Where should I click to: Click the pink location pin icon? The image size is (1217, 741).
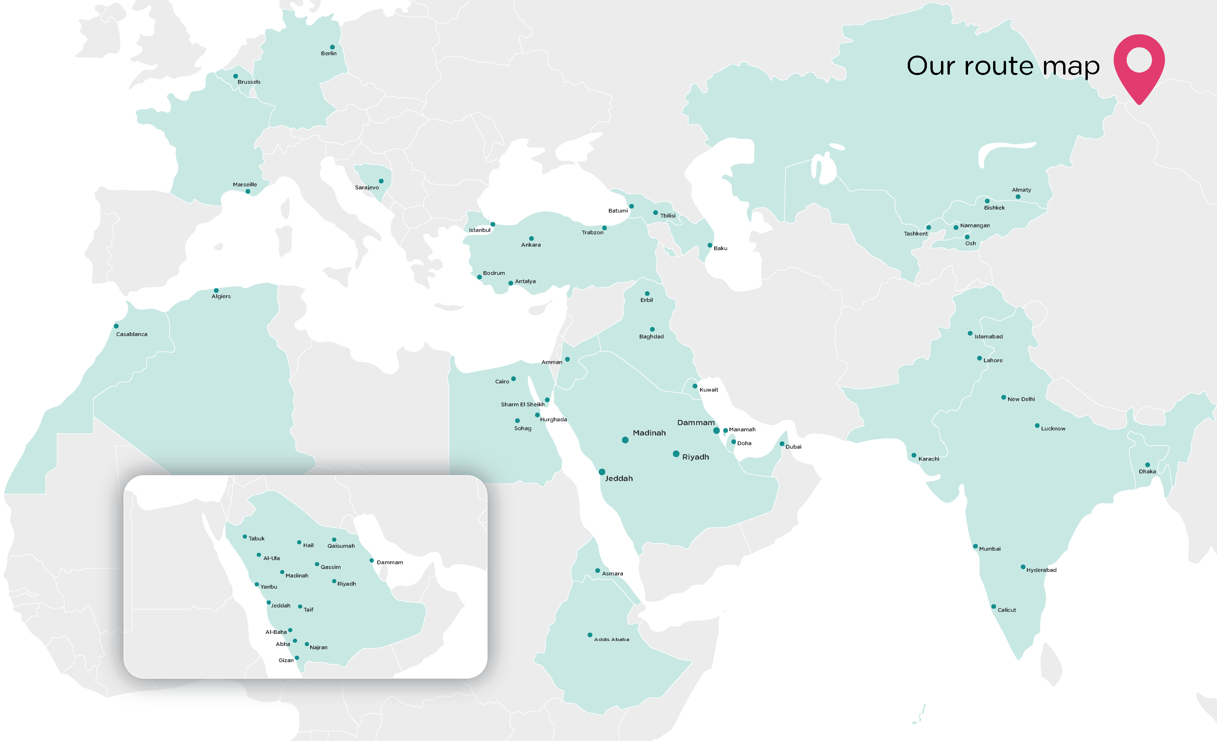[1139, 64]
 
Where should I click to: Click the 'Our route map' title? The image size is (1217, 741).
[1003, 66]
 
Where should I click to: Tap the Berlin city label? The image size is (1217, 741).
[328, 53]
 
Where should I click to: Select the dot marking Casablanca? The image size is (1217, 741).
[116, 326]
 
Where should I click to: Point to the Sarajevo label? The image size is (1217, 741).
[367, 188]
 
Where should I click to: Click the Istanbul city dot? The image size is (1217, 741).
[493, 224]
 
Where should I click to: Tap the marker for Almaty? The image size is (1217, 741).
[1018, 196]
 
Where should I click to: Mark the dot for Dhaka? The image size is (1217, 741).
[1147, 465]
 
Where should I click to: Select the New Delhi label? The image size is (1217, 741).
[1021, 399]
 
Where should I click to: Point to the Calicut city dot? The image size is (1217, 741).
[994, 607]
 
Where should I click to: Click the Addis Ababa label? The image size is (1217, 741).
[611, 639]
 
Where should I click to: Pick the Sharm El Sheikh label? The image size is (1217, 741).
[523, 404]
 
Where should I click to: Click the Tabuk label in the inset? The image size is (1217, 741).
[256, 539]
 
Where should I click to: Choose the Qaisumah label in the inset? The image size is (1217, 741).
[341, 546]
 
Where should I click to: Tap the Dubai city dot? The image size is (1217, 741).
[782, 444]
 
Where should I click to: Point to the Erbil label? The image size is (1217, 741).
[646, 300]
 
